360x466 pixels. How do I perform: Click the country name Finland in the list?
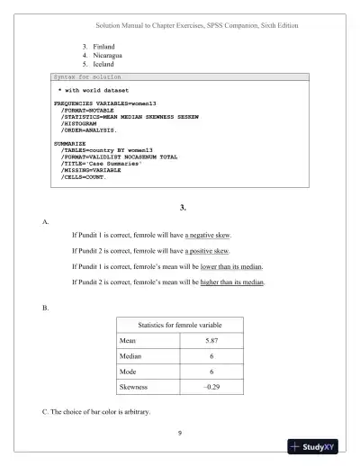tap(103, 45)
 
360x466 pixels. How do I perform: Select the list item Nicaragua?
tap(107, 55)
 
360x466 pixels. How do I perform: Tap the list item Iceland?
tap(102, 65)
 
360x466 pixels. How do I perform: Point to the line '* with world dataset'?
tap(94, 91)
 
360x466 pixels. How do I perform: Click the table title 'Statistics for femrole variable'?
tap(179, 324)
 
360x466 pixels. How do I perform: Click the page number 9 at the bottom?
tap(180, 434)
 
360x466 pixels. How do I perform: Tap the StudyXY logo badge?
tap(319, 446)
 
